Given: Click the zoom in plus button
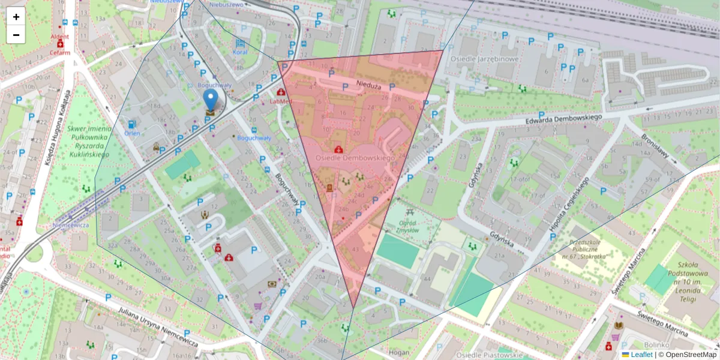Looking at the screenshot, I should coord(16,17).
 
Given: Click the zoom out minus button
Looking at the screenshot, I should coord(16,35).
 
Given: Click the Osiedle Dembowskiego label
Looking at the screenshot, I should coord(353,158).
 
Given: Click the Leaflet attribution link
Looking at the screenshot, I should coord(641,355).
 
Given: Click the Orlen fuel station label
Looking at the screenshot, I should coord(132,133).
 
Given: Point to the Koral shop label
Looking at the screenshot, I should coord(240,52).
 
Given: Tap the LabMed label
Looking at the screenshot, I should coord(281,101).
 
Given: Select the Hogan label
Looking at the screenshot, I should coord(399,353).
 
